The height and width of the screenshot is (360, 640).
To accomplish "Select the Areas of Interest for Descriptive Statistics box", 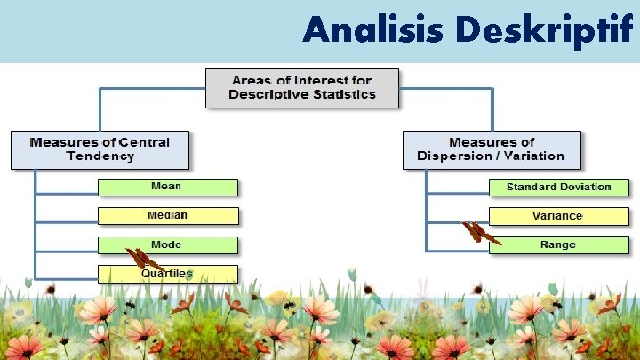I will point(302,88).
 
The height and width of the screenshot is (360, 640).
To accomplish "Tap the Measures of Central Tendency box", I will point(100,149).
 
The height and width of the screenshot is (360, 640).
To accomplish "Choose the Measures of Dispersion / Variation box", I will point(491,149).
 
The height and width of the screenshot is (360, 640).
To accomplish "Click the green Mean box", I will point(168,187).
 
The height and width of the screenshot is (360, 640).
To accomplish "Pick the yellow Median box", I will point(168,215).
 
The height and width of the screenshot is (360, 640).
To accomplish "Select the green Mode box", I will point(168,244).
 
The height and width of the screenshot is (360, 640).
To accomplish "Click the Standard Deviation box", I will point(558,187).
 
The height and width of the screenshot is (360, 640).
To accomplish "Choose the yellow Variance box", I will point(558,215).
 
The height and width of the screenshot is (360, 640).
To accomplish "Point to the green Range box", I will point(558,244).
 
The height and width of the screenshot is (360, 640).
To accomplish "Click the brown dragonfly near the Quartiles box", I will point(142,260).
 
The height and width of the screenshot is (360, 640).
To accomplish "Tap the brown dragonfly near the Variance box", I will point(480,233).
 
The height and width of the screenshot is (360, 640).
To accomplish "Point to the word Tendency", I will point(100,156).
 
